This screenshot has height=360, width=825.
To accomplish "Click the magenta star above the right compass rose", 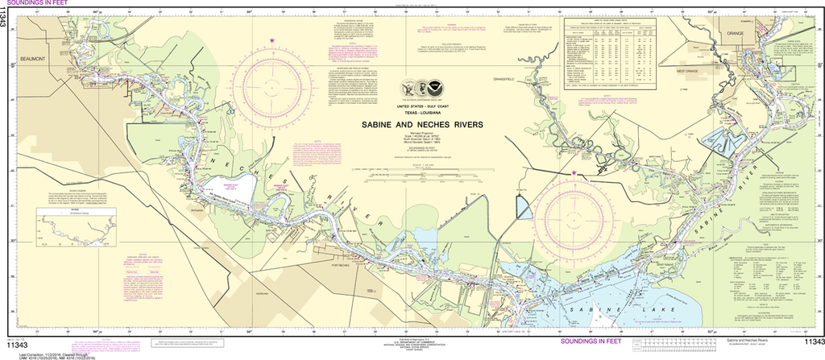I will [574, 172].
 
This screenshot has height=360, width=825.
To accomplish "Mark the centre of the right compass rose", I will [574, 215].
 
